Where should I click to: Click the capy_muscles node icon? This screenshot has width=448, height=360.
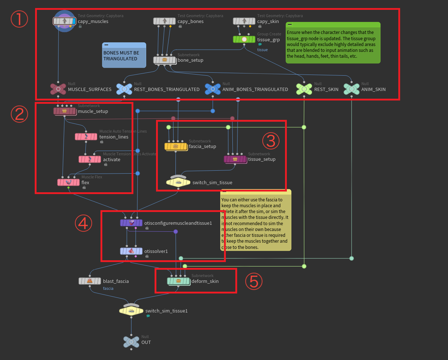coord(64,21)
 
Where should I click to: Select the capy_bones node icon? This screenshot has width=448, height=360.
coord(164,21)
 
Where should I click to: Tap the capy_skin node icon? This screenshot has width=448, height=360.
coord(244,21)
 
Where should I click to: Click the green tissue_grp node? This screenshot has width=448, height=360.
coord(244,39)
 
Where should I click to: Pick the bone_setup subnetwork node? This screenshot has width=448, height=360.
coord(164,60)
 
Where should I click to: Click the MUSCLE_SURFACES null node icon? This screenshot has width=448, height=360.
coord(58,89)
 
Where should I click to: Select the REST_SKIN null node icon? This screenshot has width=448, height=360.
coord(304,89)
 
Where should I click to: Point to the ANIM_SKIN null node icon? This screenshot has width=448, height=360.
coord(352,89)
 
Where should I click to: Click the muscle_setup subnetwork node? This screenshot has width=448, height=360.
coord(65,111)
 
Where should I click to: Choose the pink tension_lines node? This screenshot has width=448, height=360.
coord(86,137)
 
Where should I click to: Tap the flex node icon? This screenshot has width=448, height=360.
coord(68,182)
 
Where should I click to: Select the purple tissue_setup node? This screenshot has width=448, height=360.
coord(235,159)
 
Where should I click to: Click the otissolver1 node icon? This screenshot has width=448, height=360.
coord(131,251)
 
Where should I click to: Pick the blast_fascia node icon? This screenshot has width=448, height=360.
coord(90,281)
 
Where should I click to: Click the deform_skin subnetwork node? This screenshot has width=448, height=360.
coord(178,281)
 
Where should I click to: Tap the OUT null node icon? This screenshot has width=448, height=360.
coord(131,342)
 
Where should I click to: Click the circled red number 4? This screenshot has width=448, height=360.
coord(83,223)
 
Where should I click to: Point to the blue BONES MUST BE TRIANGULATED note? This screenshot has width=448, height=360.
coord(124,55)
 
